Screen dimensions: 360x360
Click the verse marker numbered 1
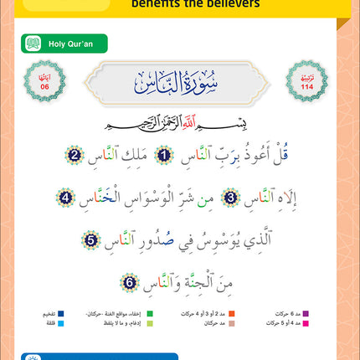(166, 157)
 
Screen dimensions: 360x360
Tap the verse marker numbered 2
(74, 157)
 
